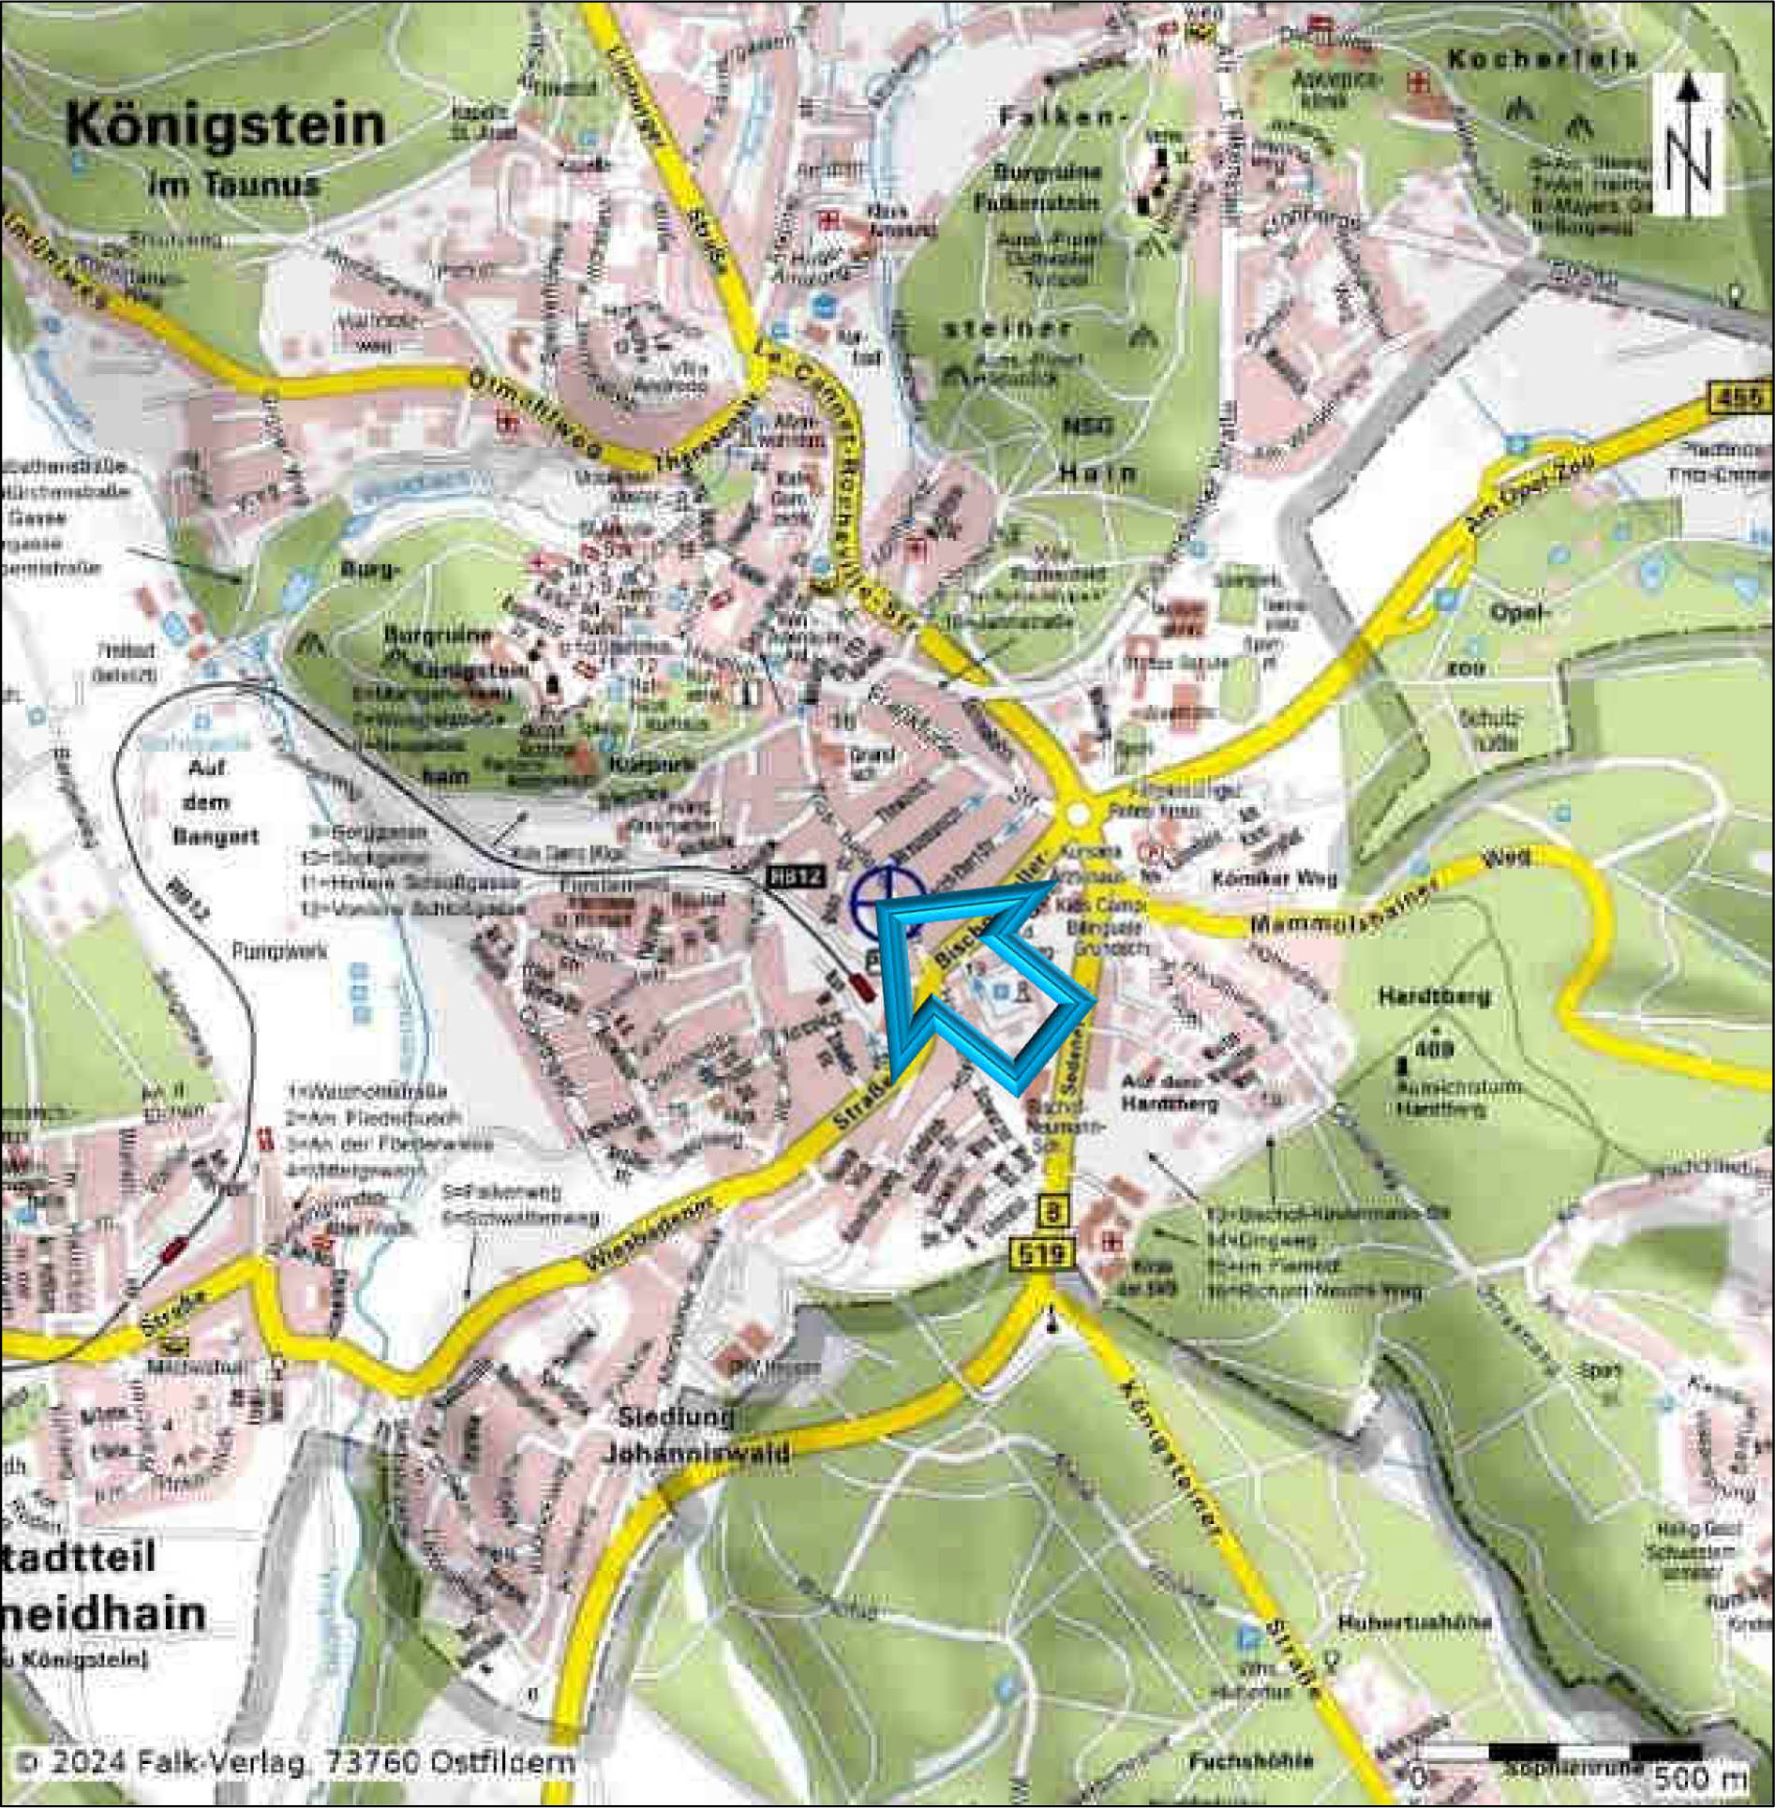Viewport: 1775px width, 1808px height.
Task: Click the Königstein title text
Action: pos(226,126)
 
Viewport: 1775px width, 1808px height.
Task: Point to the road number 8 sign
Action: pos(1053,1213)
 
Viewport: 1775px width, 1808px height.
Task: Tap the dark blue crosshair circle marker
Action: pos(887,902)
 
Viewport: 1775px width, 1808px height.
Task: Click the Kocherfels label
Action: pos(1543,59)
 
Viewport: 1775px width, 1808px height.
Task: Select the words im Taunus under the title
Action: pos(233,183)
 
